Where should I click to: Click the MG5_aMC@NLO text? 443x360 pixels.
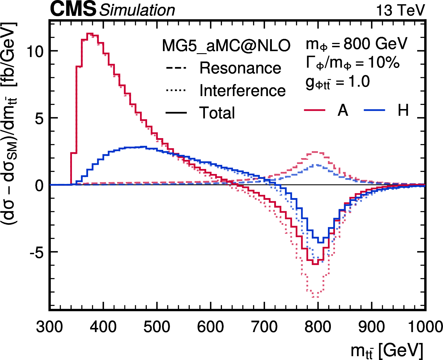(x=226, y=46)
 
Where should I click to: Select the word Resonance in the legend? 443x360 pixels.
(x=240, y=68)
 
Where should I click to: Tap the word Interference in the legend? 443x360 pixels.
(x=242, y=91)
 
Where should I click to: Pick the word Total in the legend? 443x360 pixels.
(x=217, y=113)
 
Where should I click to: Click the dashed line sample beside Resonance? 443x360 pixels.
(x=176, y=68)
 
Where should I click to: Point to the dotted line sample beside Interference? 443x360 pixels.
(x=176, y=91)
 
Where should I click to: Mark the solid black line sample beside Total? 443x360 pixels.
(x=176, y=113)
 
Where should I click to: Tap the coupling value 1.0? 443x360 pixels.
(x=359, y=81)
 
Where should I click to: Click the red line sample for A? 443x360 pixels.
(x=315, y=110)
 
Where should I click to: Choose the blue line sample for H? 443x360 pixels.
(x=374, y=110)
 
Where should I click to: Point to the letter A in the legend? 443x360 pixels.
(x=343, y=110)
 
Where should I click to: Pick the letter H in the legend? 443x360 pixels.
(x=403, y=110)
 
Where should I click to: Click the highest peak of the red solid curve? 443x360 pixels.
(x=90, y=34)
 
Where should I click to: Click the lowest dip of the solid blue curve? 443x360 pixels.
(x=321, y=242)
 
